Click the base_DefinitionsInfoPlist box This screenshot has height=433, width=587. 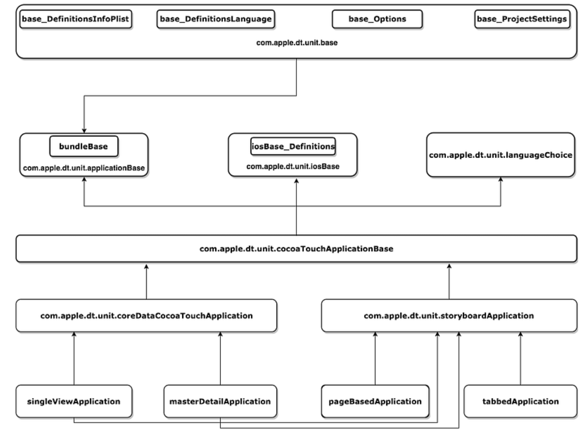click(x=76, y=19)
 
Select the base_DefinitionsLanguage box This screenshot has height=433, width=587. click(x=216, y=19)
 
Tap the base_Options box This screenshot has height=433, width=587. click(x=377, y=19)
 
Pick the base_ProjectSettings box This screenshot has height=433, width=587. click(x=522, y=19)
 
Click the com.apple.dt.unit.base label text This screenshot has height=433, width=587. click(x=297, y=43)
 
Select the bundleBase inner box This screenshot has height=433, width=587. click(x=83, y=146)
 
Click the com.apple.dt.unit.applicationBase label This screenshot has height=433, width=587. click(x=84, y=168)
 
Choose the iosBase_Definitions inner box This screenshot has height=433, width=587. click(x=293, y=146)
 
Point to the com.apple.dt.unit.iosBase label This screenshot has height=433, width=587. click(x=293, y=167)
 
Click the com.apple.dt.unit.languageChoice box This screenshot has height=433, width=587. click(x=500, y=155)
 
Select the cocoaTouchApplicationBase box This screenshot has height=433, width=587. click(x=296, y=249)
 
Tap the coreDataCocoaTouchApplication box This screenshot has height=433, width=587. click(x=146, y=316)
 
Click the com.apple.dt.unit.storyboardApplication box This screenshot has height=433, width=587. click(x=449, y=316)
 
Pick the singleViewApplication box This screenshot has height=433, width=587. click(x=74, y=402)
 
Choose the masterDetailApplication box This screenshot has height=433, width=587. click(x=220, y=402)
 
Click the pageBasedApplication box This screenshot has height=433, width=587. click(x=375, y=402)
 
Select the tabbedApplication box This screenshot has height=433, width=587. click(x=520, y=402)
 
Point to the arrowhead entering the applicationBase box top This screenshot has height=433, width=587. click(x=84, y=130)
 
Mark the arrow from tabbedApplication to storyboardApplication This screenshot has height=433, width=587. click(x=520, y=359)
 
